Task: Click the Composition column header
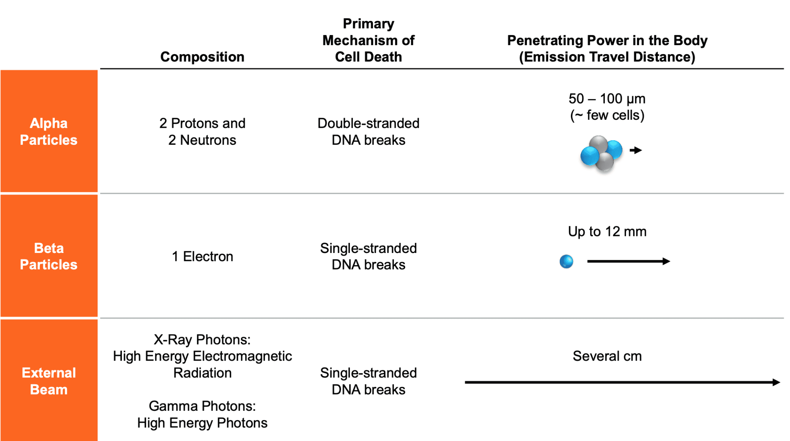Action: point(202,57)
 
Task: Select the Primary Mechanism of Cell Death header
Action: point(368,40)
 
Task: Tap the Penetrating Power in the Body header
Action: point(607,48)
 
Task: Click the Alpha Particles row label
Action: point(49,131)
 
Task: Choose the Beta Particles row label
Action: point(49,256)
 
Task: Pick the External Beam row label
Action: point(49,381)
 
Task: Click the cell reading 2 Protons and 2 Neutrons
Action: point(202,131)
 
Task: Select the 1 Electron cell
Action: point(202,256)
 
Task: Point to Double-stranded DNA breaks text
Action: point(368,131)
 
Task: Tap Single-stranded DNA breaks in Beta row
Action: point(368,256)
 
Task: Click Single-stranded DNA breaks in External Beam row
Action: point(368,381)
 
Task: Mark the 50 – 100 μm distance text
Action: point(607,99)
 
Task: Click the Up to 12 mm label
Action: point(607,231)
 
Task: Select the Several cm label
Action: point(607,356)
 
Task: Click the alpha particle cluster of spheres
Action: point(601,153)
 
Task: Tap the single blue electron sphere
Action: point(566,261)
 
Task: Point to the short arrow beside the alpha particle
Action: point(636,150)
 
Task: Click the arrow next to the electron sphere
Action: point(628,261)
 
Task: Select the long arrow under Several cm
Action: point(622,382)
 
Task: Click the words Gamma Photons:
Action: point(202,406)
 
